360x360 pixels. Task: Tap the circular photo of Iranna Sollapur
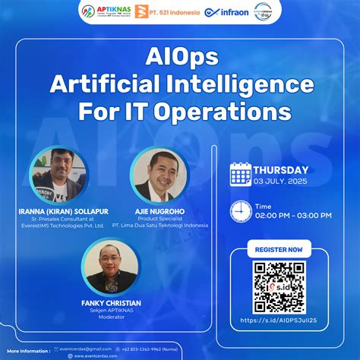pos(57,173)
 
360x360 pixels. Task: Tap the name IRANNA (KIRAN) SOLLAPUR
pos(58,210)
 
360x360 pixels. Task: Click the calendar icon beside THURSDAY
pos(240,175)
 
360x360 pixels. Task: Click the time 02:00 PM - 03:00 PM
pos(293,215)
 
